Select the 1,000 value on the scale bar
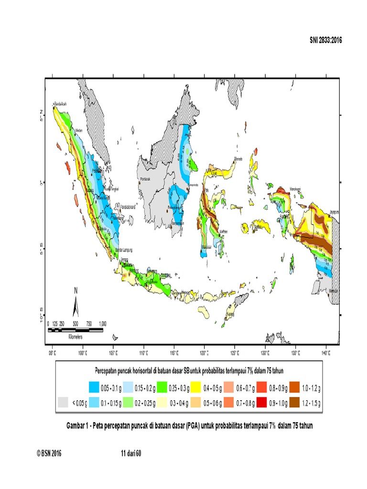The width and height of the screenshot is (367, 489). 102,324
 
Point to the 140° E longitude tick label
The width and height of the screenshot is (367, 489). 326,354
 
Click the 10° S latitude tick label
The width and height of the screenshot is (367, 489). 42,316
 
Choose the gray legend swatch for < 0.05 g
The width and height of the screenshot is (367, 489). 63,402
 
